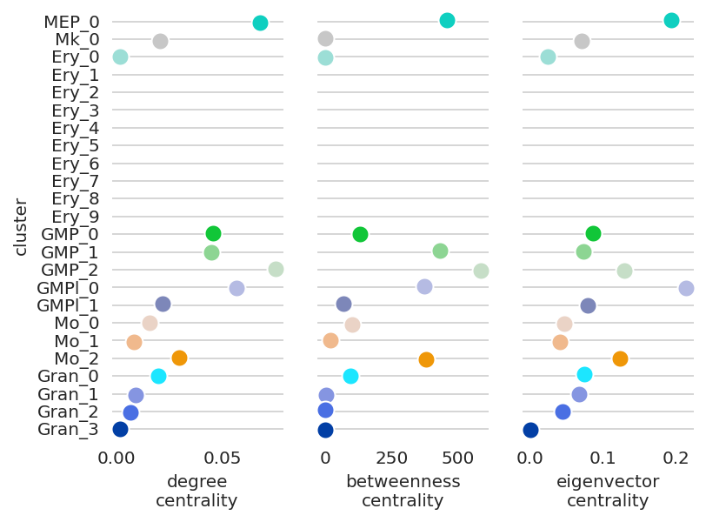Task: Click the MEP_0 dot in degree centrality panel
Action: pos(260,23)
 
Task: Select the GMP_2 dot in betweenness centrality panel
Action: pos(481,271)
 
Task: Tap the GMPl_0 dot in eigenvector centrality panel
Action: pos(686,288)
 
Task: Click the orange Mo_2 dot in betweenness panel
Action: pos(426,359)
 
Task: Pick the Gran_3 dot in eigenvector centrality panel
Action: pos(530,430)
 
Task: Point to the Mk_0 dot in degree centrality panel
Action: pos(160,41)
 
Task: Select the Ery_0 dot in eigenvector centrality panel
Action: pos(548,57)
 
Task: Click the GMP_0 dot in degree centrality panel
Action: pos(213,233)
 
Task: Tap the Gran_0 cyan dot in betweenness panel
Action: pos(350,376)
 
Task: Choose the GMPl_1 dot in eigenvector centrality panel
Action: pos(588,305)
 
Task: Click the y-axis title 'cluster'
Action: pos(20,228)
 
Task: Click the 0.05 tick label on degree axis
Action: pos(222,458)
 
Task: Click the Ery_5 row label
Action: pos(75,145)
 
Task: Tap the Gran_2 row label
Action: pos(69,411)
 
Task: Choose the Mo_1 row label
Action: pos(77,340)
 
